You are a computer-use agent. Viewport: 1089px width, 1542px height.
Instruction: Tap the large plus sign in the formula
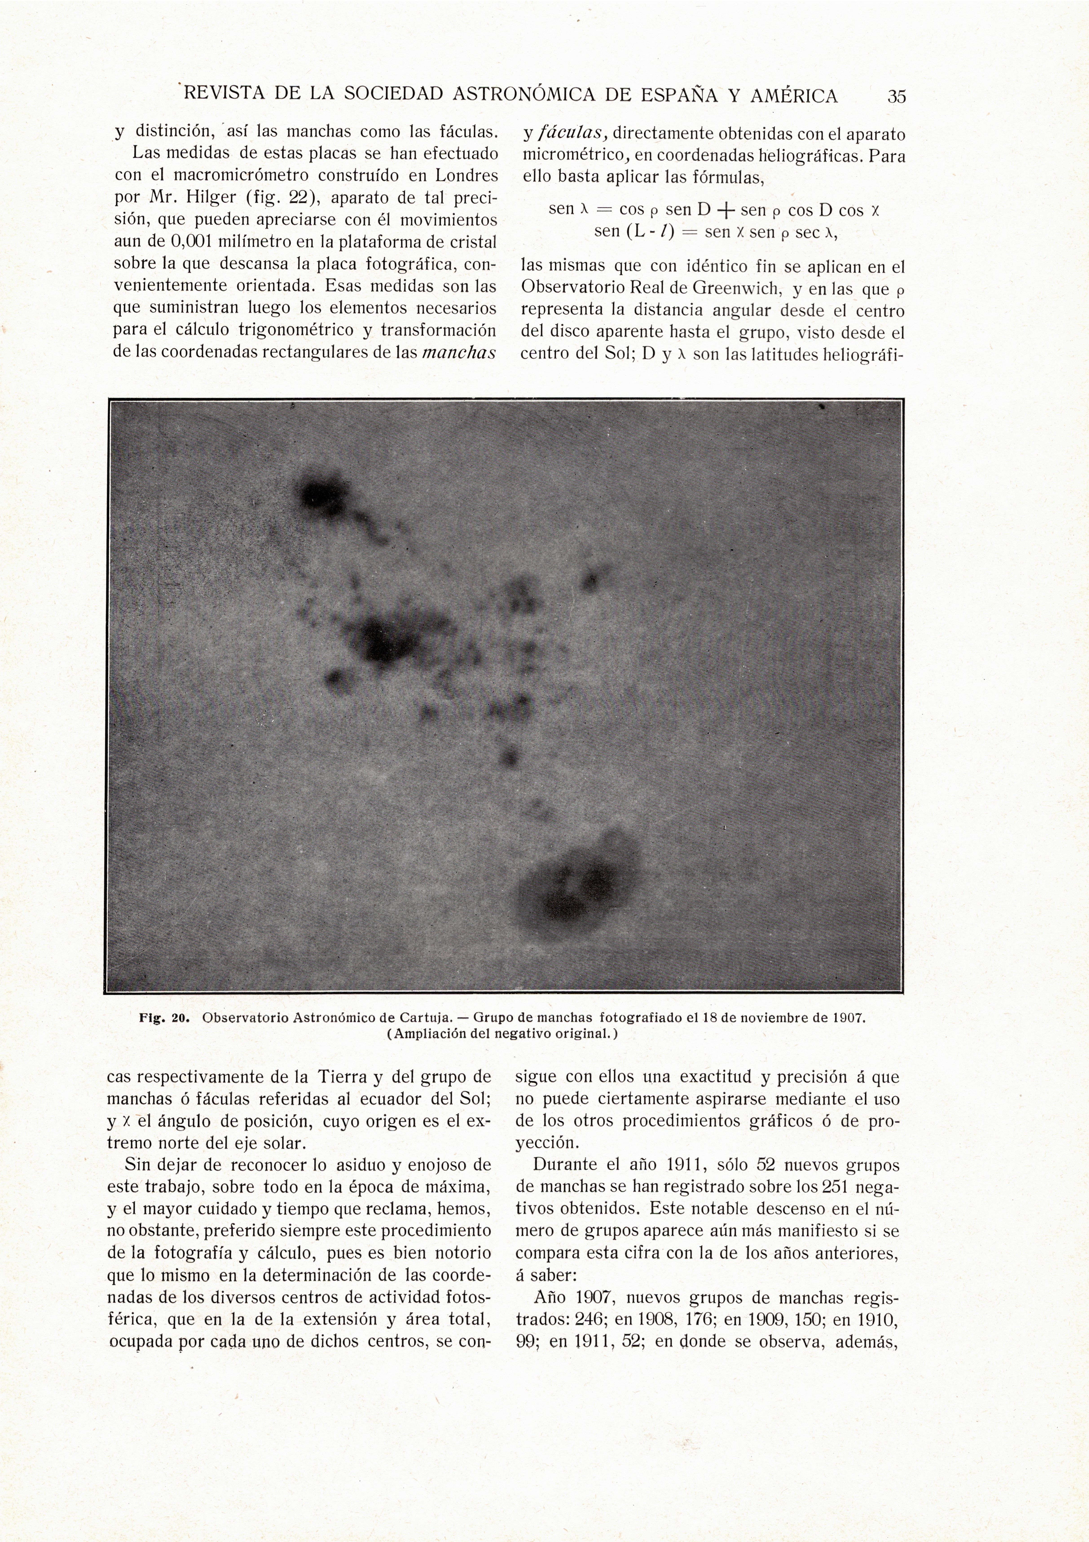(725, 211)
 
